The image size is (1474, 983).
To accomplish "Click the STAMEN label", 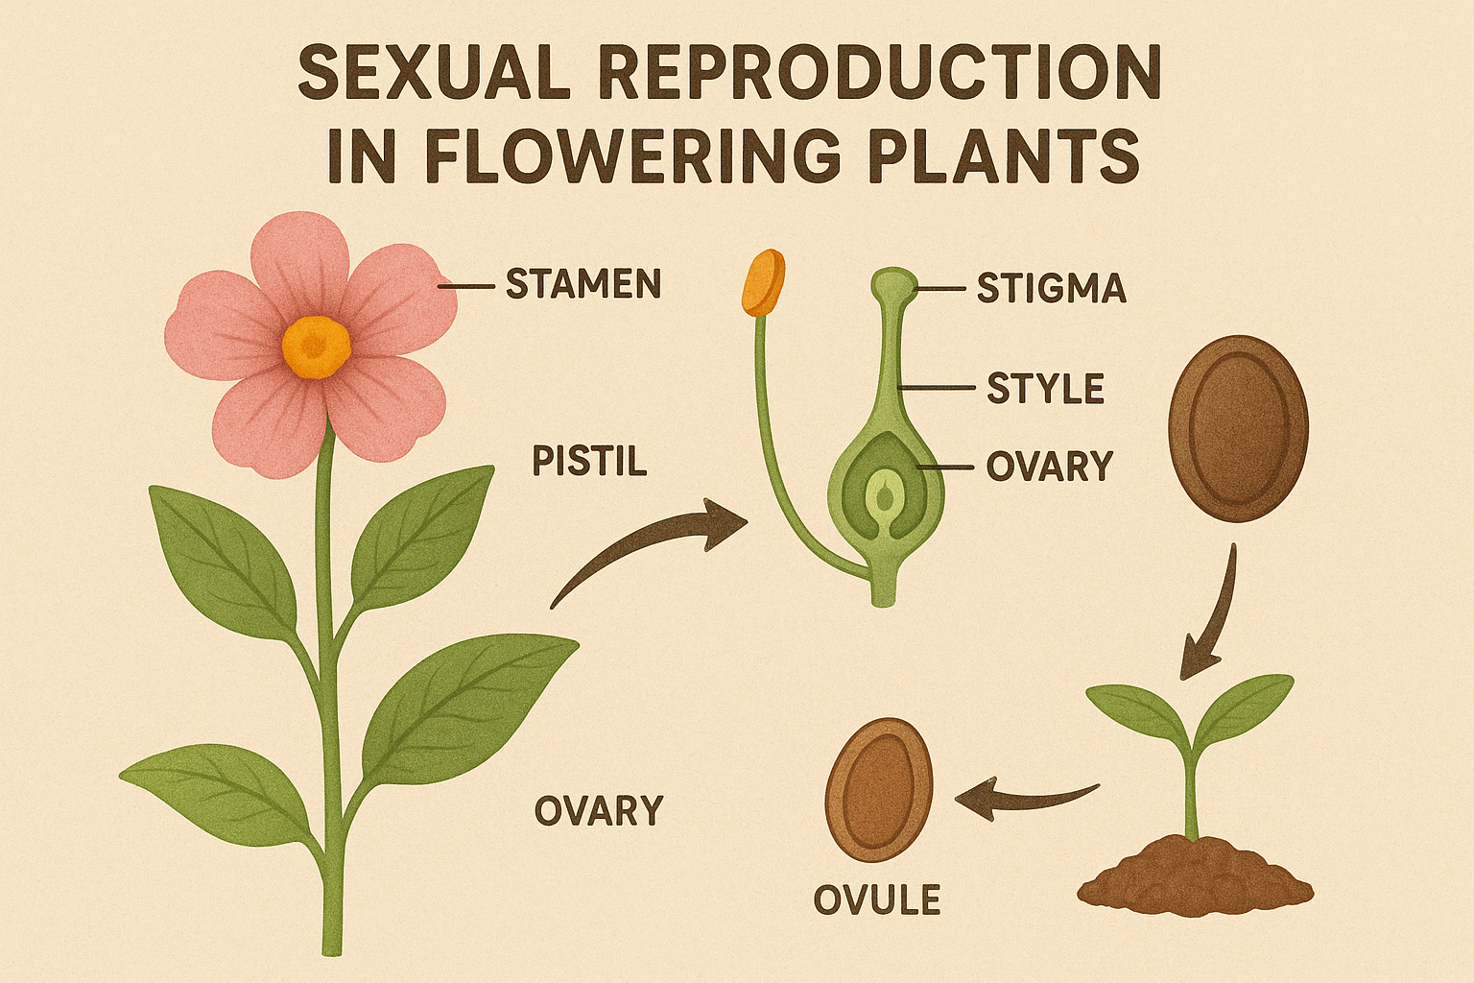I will coord(582,284).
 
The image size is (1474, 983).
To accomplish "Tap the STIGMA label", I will coord(1051,288).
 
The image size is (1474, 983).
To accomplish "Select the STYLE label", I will coord(1045,389).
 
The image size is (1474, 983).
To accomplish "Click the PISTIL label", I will coord(589,462).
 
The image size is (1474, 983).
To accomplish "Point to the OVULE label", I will coord(876,900).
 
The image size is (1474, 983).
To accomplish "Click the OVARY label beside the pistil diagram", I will coord(1049,467).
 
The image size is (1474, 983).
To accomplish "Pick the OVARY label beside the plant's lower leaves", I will coord(599,811).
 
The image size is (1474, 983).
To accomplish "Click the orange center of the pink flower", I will coord(317,346).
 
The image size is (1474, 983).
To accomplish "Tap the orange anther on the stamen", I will coord(763,282).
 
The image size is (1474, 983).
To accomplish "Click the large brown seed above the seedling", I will coord(1238,427).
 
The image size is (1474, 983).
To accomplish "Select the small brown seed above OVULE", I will coord(879,790).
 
